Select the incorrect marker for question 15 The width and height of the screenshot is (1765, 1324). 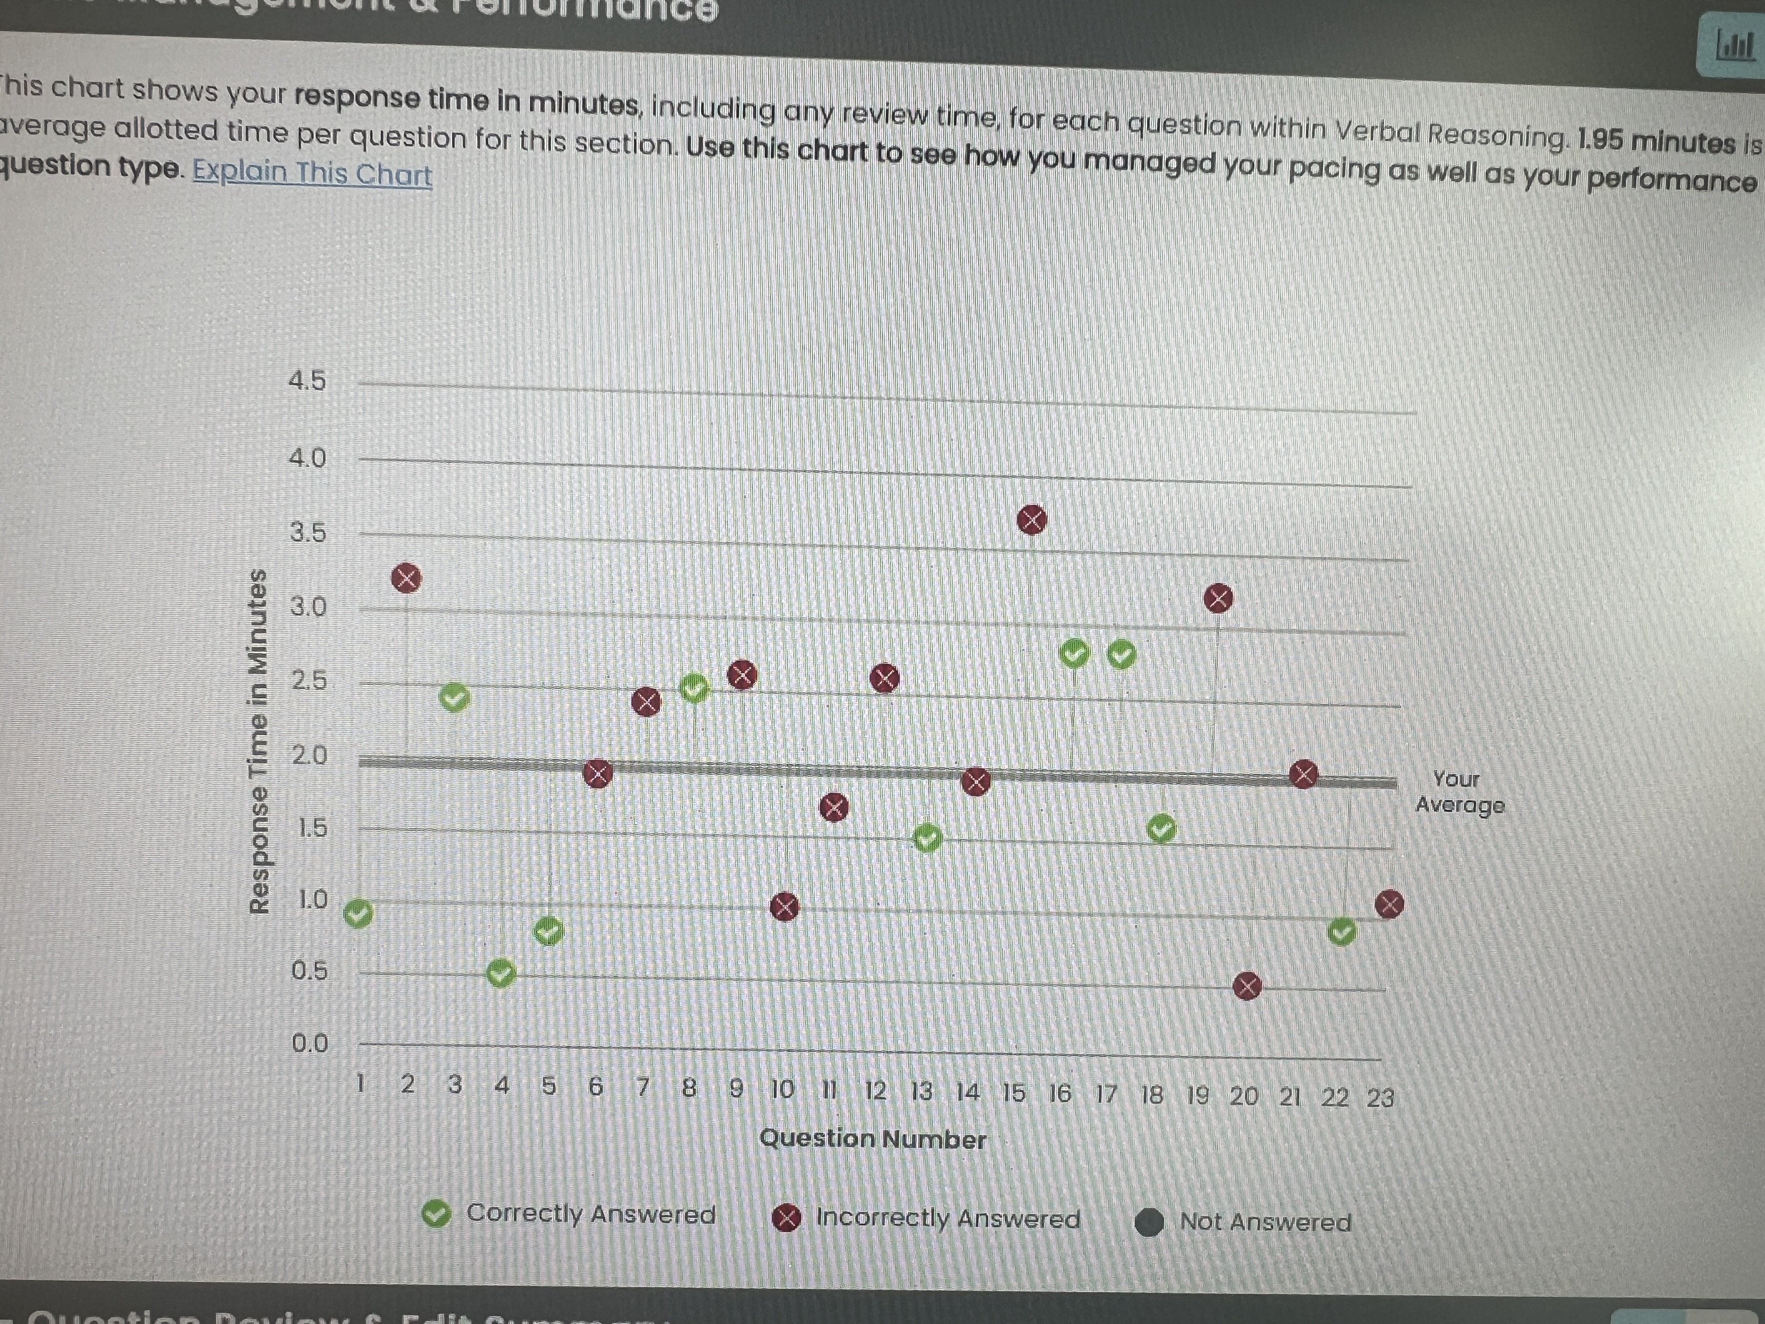[x=1032, y=520]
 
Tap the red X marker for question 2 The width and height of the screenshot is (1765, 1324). [x=406, y=578]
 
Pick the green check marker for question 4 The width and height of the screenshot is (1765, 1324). [x=500, y=973]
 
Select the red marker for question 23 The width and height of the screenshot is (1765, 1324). [x=1389, y=904]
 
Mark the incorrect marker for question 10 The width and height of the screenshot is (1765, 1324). [x=784, y=907]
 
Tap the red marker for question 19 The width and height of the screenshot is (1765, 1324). [x=1218, y=598]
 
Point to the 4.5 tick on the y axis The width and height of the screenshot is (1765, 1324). [x=307, y=380]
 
